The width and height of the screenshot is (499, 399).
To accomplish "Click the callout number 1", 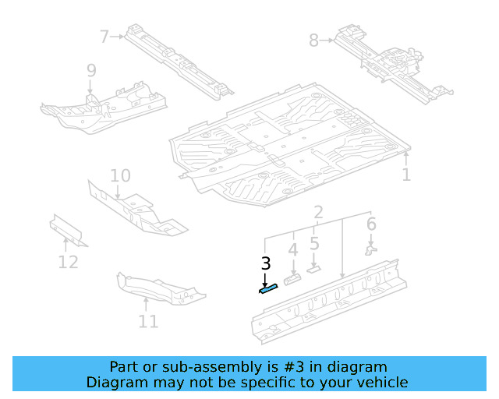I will (405, 175).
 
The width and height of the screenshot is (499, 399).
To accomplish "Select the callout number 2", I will (318, 213).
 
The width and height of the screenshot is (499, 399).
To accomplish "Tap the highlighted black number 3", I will (266, 263).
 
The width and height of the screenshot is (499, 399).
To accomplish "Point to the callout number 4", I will (293, 250).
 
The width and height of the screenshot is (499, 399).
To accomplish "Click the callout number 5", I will (314, 243).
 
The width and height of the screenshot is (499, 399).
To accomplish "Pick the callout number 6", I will (371, 224).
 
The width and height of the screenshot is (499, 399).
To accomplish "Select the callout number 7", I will (105, 35).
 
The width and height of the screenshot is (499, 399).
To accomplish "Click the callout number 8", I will (313, 40).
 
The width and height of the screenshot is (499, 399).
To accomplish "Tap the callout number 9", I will (91, 71).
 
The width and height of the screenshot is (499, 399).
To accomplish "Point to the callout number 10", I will (119, 175).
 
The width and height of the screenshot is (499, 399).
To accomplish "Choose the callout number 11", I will (148, 321).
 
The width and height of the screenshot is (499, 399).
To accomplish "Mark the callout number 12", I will (69, 262).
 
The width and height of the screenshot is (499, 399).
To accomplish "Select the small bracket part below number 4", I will (292, 278).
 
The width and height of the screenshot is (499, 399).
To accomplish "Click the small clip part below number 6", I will (371, 250).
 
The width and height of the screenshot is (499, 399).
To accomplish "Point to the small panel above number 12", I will (68, 230).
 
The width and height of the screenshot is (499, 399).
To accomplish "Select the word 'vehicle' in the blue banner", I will (381, 382).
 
